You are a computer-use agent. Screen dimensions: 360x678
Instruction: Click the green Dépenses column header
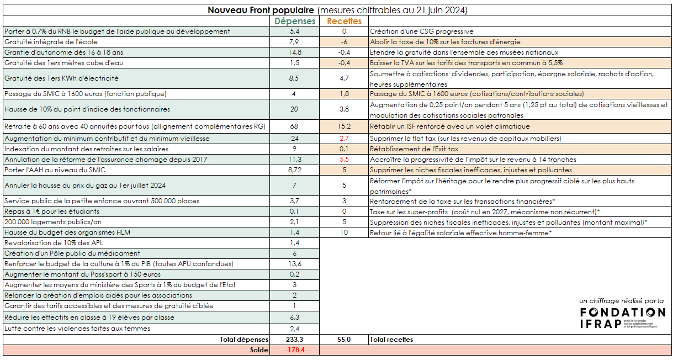pyautogui.click(x=295, y=21)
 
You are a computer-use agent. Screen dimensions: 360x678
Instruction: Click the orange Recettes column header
pyautogui.click(x=344, y=21)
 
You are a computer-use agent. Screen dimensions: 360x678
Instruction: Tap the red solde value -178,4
pyautogui.click(x=294, y=350)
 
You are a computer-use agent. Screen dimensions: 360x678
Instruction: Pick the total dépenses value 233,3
pyautogui.click(x=294, y=340)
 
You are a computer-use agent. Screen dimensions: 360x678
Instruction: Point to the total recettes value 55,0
pyautogui.click(x=344, y=340)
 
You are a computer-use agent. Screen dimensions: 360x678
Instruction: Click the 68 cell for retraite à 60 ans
pyautogui.click(x=294, y=126)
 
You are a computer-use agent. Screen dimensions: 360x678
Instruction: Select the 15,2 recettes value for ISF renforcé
pyautogui.click(x=344, y=126)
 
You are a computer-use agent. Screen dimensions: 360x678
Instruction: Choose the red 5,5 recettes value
pyautogui.click(x=344, y=160)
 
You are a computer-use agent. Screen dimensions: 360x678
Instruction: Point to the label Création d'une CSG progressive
pyautogui.click(x=422, y=31)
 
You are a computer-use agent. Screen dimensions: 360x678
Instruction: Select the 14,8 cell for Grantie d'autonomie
pyautogui.click(x=294, y=52)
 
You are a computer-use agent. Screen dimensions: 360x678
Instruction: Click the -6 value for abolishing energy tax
pyautogui.click(x=344, y=42)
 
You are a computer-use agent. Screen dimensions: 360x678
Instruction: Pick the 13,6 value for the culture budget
pyautogui.click(x=294, y=264)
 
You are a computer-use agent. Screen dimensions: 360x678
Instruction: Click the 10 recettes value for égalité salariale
pyautogui.click(x=344, y=232)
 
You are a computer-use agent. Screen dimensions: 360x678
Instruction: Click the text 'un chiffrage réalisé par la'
pyautogui.click(x=622, y=301)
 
